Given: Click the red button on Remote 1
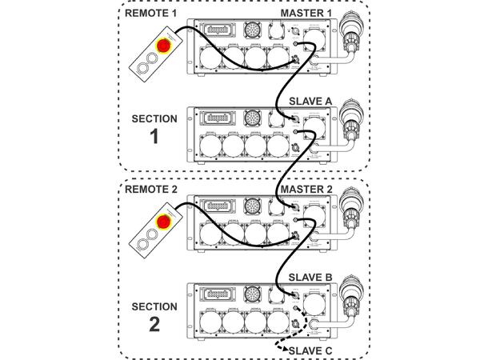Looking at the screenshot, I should (x=163, y=46).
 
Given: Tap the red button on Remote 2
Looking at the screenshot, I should (x=163, y=222).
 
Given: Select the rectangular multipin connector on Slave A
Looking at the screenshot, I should (x=215, y=117).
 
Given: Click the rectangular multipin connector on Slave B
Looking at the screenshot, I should (x=215, y=293).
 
